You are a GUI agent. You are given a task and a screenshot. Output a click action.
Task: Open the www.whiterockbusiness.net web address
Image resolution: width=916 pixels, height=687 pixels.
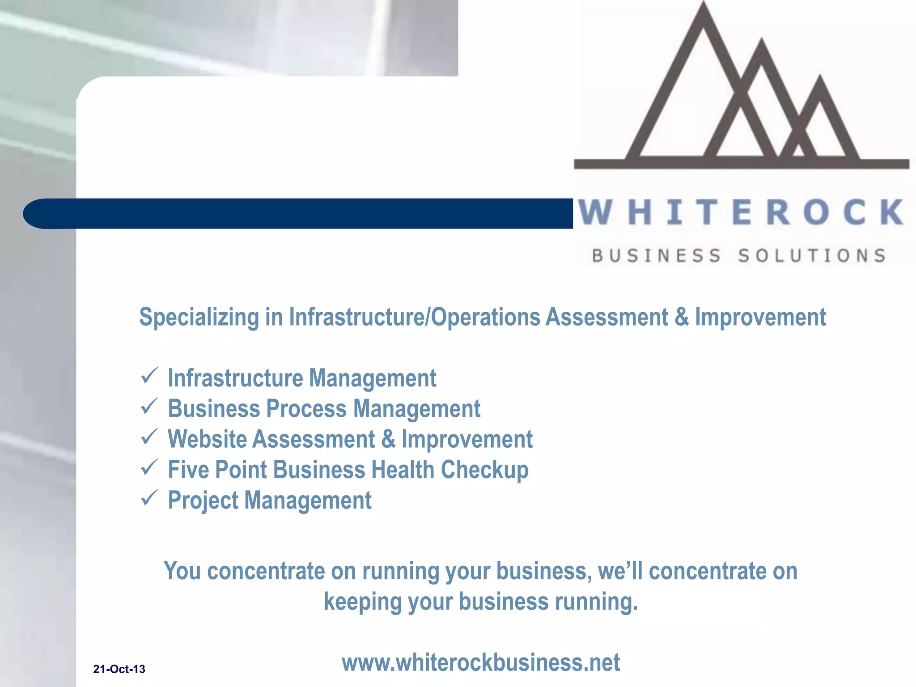[480, 662]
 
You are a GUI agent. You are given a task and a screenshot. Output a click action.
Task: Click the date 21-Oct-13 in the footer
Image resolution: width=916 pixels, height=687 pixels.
[119, 669]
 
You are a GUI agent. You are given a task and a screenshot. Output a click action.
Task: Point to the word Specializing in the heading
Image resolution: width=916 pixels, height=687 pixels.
[199, 318]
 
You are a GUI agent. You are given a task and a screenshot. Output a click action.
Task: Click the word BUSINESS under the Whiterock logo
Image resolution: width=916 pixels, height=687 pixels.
[657, 256]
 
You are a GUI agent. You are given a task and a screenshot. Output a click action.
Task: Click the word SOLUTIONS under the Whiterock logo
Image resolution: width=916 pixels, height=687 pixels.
[812, 256]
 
